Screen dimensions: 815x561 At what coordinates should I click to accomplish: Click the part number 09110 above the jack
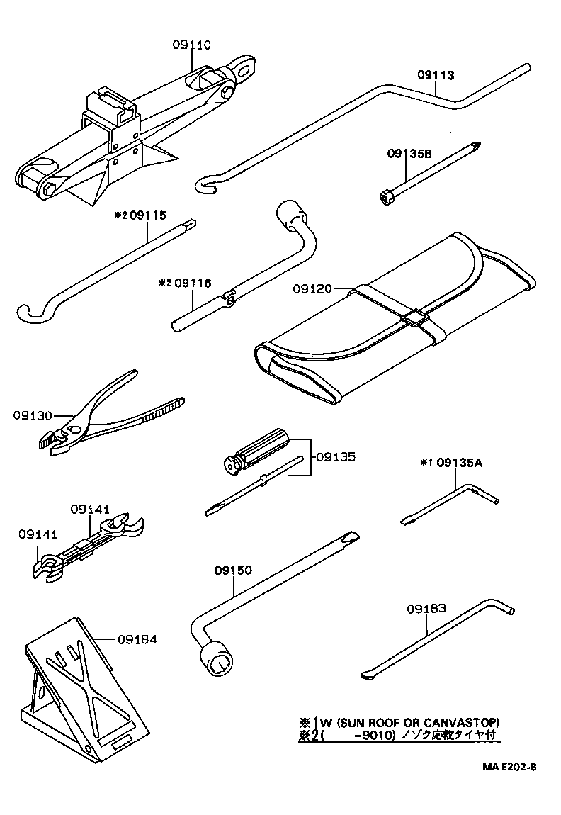pyautogui.click(x=191, y=45)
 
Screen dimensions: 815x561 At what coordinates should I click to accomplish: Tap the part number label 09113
pyautogui.click(x=435, y=74)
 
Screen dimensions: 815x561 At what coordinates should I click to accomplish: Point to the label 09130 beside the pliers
pyautogui.click(x=32, y=415)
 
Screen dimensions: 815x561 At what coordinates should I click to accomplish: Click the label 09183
pyautogui.click(x=426, y=608)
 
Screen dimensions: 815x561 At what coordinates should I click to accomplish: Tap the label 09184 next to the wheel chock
pyautogui.click(x=137, y=639)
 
